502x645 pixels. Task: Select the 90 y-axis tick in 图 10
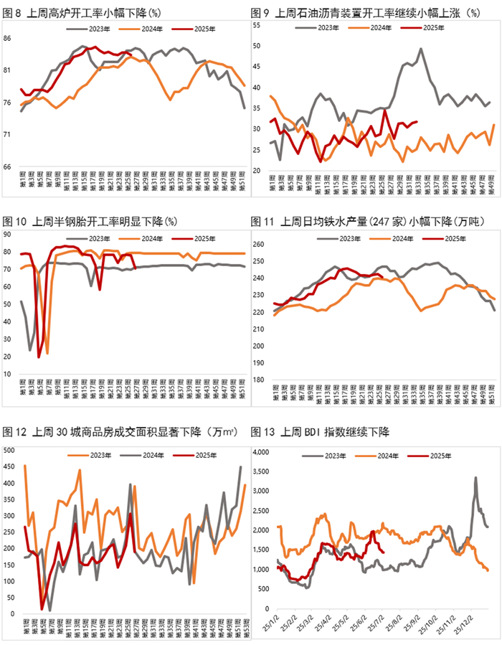tap(8, 234)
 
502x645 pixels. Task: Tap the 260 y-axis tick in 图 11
tap(260, 244)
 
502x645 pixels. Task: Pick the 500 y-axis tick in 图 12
tap(10, 450)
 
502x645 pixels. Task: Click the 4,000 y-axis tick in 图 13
tap(262, 452)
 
